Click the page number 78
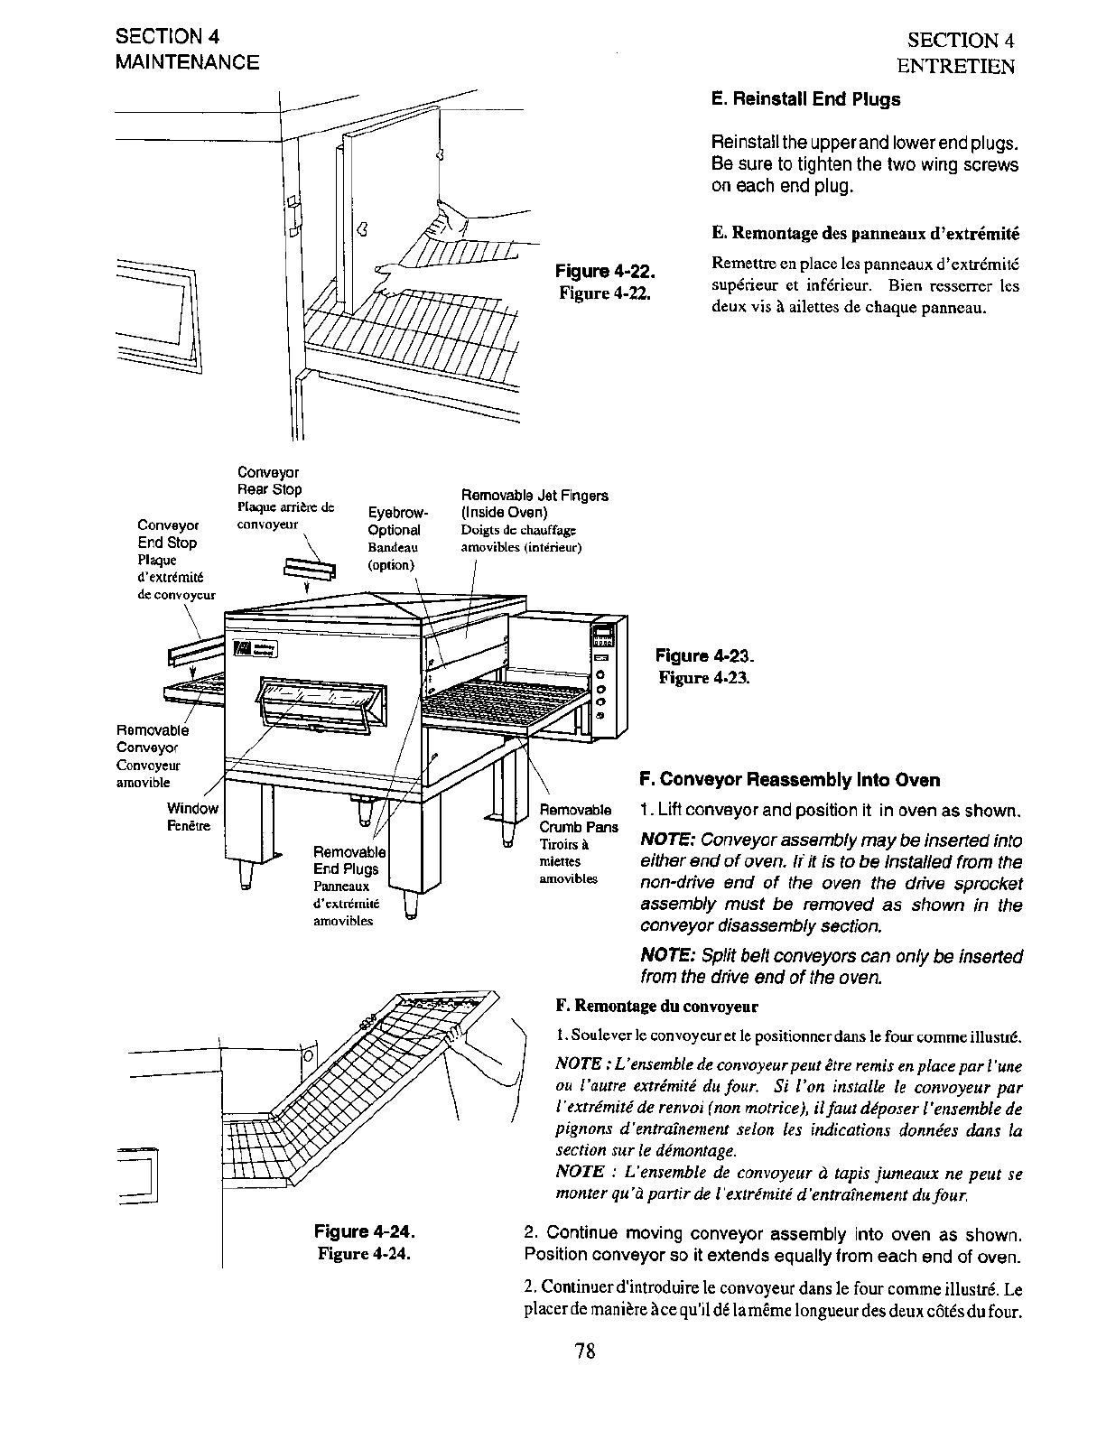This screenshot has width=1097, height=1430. click(584, 1351)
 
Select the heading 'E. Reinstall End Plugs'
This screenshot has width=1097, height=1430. click(805, 99)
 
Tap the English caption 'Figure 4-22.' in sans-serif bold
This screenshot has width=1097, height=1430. click(603, 272)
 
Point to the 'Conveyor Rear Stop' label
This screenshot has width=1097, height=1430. click(269, 480)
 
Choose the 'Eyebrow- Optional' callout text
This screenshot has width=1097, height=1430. click(395, 522)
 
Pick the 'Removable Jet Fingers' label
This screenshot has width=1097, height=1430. click(535, 504)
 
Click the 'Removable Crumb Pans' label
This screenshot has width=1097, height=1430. click(578, 818)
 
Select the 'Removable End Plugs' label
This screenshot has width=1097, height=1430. click(348, 860)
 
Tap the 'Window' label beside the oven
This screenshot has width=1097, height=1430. click(192, 809)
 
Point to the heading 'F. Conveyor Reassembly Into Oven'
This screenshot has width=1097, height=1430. click(789, 780)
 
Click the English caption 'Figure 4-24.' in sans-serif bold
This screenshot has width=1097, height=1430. click(364, 1232)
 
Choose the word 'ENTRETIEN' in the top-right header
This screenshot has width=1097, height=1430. click(955, 66)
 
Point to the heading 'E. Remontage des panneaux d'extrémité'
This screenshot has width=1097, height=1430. click(865, 234)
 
